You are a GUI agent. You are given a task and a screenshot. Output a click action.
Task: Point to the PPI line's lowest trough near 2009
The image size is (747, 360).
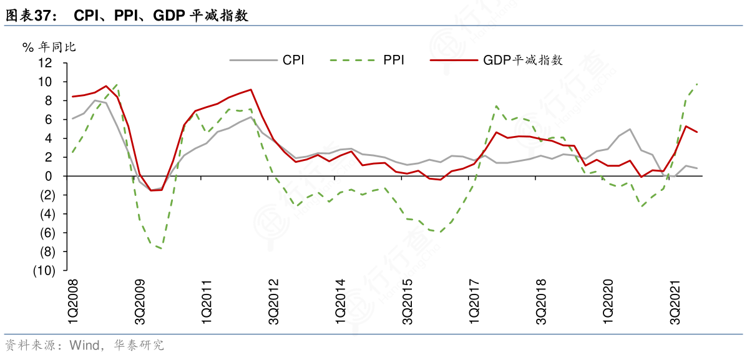point(162,248)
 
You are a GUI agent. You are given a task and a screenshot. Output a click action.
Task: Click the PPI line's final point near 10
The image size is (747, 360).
point(697,84)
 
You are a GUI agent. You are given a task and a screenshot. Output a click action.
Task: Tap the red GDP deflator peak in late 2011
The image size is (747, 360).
point(251,89)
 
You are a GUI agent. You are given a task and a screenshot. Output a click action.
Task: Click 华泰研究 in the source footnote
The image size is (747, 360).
point(139,345)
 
